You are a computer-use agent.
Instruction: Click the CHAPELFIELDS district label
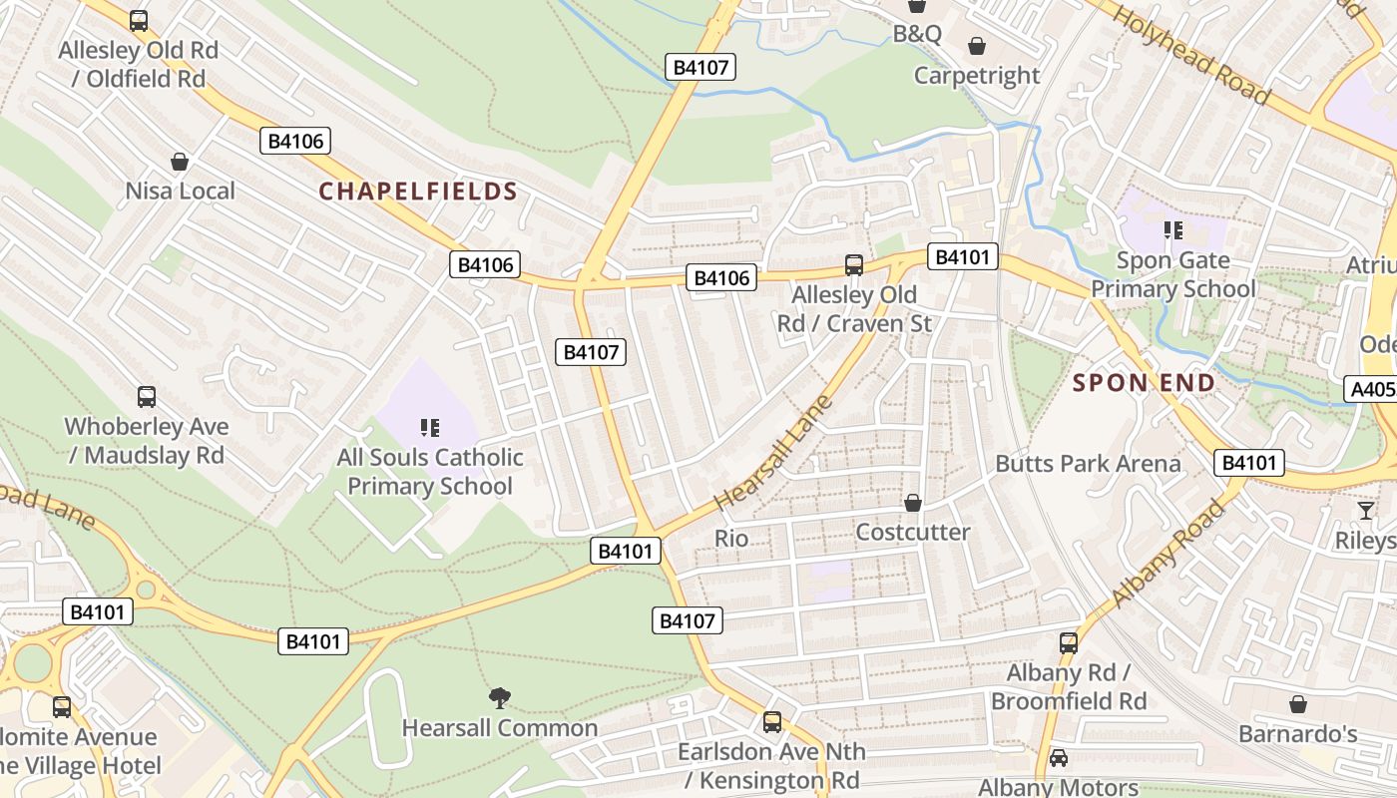click(417, 192)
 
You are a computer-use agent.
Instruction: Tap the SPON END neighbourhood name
click(1144, 383)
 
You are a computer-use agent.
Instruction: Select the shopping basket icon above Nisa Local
click(180, 162)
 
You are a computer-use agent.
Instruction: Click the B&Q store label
click(917, 34)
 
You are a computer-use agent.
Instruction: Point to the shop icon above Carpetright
click(977, 47)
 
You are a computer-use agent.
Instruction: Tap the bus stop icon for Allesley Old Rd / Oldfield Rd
click(139, 20)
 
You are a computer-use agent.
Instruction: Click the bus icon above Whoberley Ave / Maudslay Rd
click(147, 397)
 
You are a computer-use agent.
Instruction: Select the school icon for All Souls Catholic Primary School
click(430, 429)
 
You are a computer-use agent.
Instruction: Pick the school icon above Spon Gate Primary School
click(1173, 231)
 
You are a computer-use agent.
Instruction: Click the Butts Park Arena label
click(1088, 464)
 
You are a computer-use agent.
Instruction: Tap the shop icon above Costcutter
click(912, 503)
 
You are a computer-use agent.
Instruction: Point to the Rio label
click(731, 539)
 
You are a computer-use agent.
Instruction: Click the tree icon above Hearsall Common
click(499, 698)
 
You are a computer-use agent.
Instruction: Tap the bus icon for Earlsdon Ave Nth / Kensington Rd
click(772, 722)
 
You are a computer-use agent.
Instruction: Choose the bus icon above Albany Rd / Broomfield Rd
click(1069, 643)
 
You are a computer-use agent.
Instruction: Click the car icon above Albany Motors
click(1059, 758)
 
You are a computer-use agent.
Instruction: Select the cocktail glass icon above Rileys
click(1365, 511)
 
